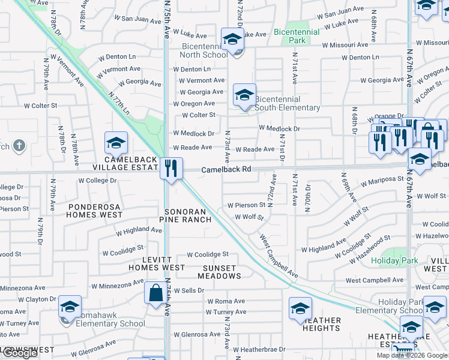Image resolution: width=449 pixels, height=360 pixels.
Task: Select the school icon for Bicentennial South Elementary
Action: click(244, 95)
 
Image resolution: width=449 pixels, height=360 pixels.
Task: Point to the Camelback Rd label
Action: click(226, 170)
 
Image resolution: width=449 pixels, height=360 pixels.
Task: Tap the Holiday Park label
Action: click(394, 261)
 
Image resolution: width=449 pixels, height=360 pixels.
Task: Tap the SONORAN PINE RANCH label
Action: click(185, 215)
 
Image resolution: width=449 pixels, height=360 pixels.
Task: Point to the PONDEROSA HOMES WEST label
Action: click(94, 210)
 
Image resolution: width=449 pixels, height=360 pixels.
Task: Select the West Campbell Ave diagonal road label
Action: click(279, 256)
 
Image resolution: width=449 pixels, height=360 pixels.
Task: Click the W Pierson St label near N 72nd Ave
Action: click(246, 205)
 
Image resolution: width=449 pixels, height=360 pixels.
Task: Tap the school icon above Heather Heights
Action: click(300, 309)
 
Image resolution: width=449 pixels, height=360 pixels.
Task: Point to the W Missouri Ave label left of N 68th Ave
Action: click(345, 45)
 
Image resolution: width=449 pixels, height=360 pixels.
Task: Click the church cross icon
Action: click(19, 145)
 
